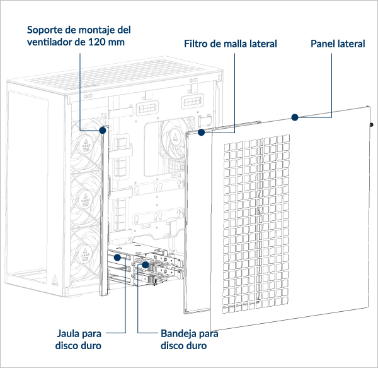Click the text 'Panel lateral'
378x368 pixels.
(338, 44)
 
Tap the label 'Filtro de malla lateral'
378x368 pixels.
(231, 44)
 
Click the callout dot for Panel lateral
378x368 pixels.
(294, 117)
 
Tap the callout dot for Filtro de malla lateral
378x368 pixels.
(202, 133)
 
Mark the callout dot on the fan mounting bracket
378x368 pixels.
(103, 131)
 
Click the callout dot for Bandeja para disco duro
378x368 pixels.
(145, 264)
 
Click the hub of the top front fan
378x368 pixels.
(86, 145)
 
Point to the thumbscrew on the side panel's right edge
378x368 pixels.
(372, 125)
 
